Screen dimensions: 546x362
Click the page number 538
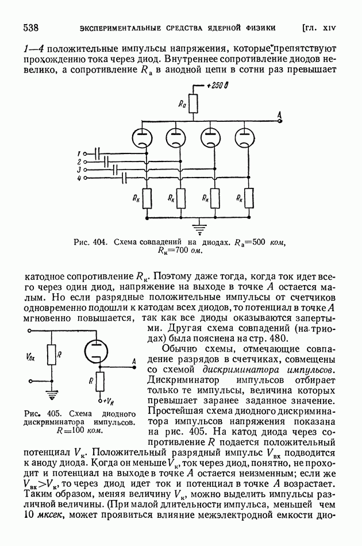click(x=31, y=28)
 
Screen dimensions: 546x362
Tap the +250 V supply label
click(x=218, y=87)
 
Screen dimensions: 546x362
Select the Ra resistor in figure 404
click(x=194, y=104)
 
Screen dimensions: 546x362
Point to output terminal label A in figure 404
click(x=280, y=116)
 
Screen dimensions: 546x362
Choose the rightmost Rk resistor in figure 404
click(x=249, y=199)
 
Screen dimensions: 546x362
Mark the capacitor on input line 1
click(x=98, y=153)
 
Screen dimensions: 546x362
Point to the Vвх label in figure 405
click(x=30, y=357)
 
